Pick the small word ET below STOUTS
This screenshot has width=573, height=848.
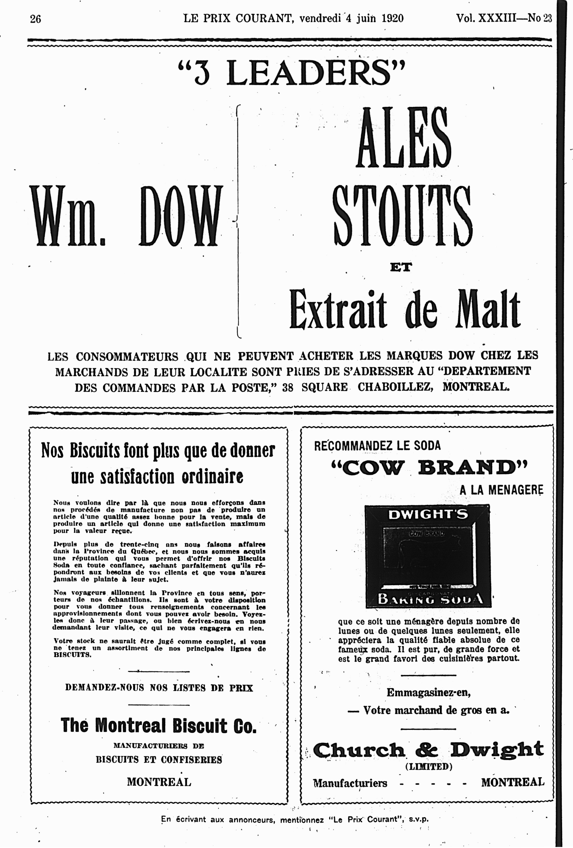[401, 267]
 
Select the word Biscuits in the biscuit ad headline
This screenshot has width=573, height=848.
[95, 451]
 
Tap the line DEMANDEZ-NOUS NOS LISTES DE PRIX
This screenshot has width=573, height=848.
[159, 688]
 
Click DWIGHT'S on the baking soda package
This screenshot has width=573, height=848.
[427, 515]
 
